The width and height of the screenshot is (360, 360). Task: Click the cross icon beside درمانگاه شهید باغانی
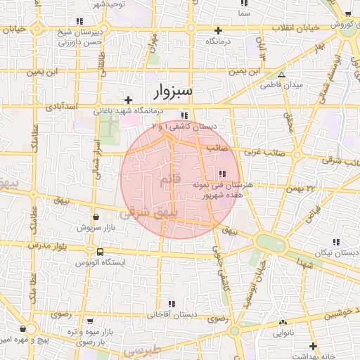pyautogui.click(x=128, y=101)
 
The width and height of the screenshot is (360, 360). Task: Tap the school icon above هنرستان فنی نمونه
pyautogui.click(x=223, y=173)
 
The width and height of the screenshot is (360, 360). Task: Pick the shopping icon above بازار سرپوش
pyautogui.click(x=96, y=217)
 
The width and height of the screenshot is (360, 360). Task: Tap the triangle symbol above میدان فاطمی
pyautogui.click(x=282, y=75)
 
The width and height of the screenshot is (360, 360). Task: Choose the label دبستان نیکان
pyautogui.click(x=335, y=251)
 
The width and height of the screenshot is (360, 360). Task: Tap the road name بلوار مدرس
pyautogui.click(x=47, y=247)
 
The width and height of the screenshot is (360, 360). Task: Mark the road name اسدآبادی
pyautogui.click(x=61, y=107)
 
